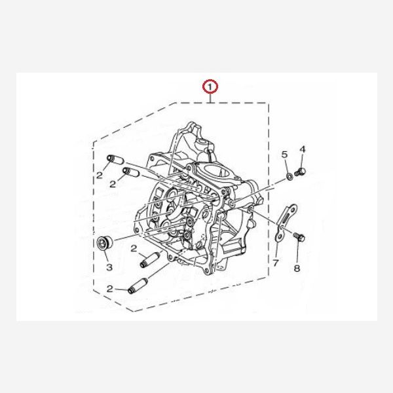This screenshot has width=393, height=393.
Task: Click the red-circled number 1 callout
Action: pos(210,87)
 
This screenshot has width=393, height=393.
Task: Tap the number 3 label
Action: pos(109,267)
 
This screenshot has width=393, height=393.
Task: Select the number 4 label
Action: pos(303,149)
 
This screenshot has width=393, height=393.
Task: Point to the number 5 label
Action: pos(284,155)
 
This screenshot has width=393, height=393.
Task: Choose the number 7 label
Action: pos(276,263)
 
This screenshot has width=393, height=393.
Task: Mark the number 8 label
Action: pos(297,269)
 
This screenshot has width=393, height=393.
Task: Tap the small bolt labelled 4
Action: pos(300,172)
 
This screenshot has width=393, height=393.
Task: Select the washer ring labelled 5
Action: pos(290,177)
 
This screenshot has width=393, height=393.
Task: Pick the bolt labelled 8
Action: pos(299,236)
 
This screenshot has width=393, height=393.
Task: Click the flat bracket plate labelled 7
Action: pos(286,223)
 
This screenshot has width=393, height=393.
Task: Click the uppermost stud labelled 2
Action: pos(115,159)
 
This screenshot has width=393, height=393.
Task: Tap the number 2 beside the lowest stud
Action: pos(110,289)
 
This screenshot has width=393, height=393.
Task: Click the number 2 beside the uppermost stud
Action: pos(100,175)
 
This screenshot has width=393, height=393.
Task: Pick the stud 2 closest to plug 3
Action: pos(149,259)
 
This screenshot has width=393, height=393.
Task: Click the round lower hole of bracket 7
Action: pos(279,236)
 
